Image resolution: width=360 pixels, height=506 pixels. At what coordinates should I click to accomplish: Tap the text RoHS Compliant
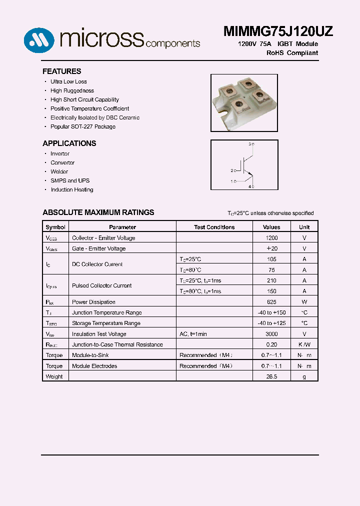(x=292, y=52)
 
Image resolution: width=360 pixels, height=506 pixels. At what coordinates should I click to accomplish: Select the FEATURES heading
(x=61, y=71)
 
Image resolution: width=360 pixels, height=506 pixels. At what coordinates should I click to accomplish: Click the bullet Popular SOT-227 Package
(x=82, y=126)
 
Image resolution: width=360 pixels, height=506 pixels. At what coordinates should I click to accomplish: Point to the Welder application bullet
(x=59, y=171)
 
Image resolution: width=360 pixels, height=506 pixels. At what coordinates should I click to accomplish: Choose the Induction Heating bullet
(x=71, y=189)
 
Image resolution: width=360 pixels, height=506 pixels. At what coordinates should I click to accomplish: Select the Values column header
(x=271, y=227)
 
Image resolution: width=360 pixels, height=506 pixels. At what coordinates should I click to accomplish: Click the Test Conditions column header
(x=214, y=227)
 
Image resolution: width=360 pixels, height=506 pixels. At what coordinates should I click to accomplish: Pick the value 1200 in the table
(x=271, y=238)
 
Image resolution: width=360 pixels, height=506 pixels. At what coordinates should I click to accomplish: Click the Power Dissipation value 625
(x=271, y=302)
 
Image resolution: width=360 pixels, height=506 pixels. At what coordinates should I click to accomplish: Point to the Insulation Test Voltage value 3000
(x=271, y=334)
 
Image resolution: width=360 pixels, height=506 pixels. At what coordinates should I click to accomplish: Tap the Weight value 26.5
(x=271, y=376)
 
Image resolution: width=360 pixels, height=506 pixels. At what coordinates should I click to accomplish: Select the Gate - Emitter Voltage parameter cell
(x=98, y=248)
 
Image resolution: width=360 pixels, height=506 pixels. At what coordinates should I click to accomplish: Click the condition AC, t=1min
(x=193, y=334)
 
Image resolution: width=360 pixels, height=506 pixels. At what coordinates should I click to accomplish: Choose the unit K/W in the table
(x=304, y=344)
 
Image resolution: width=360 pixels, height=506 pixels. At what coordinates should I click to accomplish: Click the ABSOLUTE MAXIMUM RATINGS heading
(x=98, y=212)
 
